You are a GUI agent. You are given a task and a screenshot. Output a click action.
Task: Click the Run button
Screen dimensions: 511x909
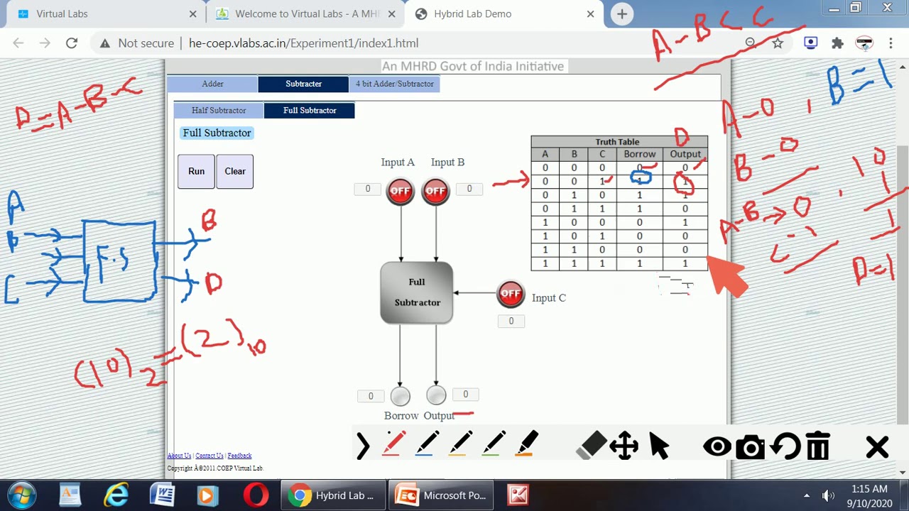pos(196,171)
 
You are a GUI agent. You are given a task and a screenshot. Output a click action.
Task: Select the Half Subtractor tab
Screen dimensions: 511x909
pos(219,111)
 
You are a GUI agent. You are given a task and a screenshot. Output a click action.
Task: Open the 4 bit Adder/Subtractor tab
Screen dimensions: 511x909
pos(394,84)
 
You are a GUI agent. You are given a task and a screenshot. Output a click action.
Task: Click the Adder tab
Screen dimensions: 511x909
pos(212,84)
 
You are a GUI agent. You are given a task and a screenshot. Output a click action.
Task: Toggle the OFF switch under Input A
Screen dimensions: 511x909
pos(401,191)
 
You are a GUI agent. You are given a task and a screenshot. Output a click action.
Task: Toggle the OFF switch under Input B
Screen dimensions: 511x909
pos(435,191)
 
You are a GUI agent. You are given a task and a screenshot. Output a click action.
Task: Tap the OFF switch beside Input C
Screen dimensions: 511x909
pos(511,294)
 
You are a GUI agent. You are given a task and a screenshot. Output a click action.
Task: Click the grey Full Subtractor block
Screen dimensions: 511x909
pos(417,292)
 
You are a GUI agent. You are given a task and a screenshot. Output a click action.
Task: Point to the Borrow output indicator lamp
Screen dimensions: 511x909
pos(401,396)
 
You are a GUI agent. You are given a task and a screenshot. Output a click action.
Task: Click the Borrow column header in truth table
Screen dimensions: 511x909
pos(639,154)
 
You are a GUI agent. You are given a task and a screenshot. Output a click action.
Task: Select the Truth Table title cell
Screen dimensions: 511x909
pos(618,142)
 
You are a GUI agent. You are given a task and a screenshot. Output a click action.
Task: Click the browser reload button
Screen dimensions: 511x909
pos(72,43)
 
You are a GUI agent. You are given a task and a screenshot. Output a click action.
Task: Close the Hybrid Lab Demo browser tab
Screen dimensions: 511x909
pos(590,13)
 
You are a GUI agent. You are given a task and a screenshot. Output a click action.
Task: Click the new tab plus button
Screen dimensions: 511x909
pos(621,13)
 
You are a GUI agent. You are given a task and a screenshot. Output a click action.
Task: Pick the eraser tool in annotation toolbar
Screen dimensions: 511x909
pos(592,446)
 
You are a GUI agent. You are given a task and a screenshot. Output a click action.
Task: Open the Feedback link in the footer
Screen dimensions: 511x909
pos(239,456)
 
